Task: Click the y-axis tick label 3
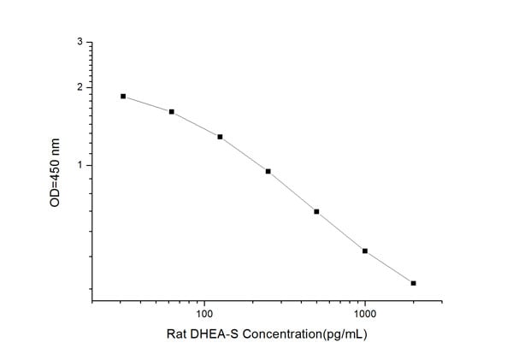pyautogui.click(x=80, y=42)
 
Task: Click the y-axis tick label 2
pyautogui.click(x=80, y=87)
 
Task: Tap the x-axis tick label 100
pyautogui.click(x=204, y=313)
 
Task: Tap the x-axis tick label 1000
pyautogui.click(x=365, y=313)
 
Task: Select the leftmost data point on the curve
pyautogui.click(x=123, y=97)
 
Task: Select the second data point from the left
pyautogui.click(x=172, y=112)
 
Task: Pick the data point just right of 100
pyautogui.click(x=220, y=137)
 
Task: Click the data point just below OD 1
pyautogui.click(x=268, y=171)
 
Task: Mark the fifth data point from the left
pyautogui.click(x=316, y=211)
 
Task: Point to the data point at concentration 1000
pyautogui.click(x=365, y=251)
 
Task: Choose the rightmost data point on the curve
pyautogui.click(x=413, y=283)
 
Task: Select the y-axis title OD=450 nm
pyautogui.click(x=56, y=172)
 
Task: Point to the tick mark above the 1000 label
pyautogui.click(x=365, y=299)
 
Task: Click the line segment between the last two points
pyautogui.click(x=389, y=267)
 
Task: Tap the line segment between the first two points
pyautogui.click(x=147, y=104)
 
